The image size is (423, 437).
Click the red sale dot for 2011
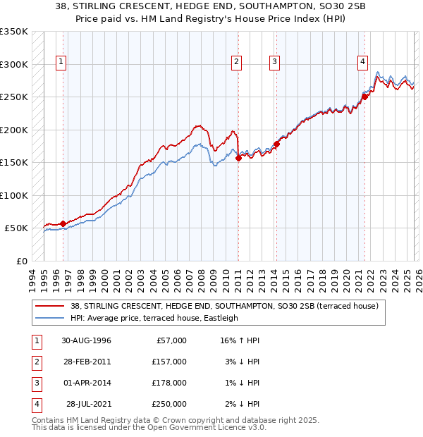coord(238,158)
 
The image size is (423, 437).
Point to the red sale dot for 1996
coord(63,223)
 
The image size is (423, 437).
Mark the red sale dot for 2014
coord(277,144)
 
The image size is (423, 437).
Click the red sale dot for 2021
coord(365,97)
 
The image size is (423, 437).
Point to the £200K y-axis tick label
coord(14,130)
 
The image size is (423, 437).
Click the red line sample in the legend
coord(50,306)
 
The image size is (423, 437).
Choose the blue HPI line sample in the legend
coord(50,318)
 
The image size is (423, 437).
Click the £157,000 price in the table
coord(168,361)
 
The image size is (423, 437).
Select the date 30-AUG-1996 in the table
coord(86,340)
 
